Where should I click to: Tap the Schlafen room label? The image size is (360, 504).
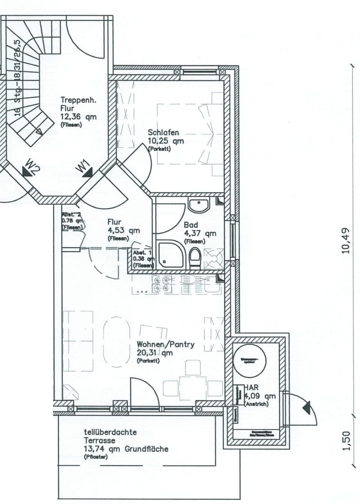click(163, 133)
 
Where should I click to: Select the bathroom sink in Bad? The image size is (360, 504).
click(199, 205)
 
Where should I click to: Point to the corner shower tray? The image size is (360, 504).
click(170, 255)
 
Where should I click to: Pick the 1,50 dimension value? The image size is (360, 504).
click(345, 441)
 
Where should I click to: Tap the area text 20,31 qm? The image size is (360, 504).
click(154, 353)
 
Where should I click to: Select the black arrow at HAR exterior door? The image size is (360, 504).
click(307, 407)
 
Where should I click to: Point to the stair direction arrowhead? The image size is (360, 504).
click(38, 132)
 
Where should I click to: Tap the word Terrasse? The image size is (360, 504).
click(99, 440)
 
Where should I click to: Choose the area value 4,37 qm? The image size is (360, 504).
click(200, 233)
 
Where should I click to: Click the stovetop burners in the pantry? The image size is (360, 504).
click(162, 284)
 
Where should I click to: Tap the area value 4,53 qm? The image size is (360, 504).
click(123, 230)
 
